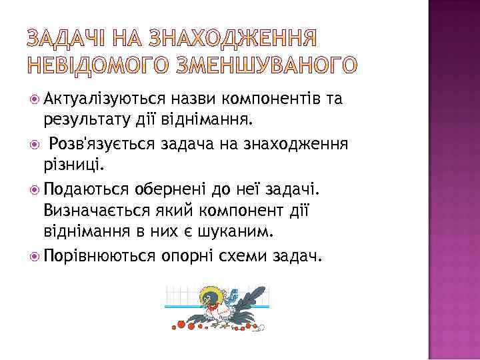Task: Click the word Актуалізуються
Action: tap(104, 100)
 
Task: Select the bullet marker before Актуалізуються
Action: tap(35, 100)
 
